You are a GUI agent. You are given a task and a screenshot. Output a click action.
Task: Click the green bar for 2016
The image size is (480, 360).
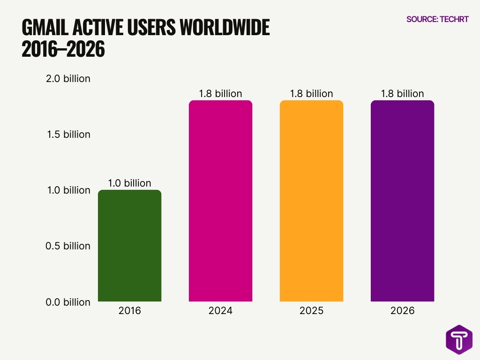tap(129, 246)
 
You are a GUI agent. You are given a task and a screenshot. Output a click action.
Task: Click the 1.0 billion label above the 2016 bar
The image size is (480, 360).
tap(129, 183)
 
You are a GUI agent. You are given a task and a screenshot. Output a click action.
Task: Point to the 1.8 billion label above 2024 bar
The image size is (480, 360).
tap(220, 94)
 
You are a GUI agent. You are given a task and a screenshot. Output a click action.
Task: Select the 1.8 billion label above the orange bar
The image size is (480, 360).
tap(311, 94)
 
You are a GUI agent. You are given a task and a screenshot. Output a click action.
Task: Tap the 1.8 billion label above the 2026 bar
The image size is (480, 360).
tap(402, 94)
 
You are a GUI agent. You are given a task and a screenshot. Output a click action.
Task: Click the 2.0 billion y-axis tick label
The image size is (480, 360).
tap(68, 79)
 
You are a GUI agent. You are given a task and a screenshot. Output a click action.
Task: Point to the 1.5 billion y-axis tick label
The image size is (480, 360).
tap(68, 135)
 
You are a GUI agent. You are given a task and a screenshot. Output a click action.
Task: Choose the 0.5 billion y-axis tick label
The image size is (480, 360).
tap(68, 246)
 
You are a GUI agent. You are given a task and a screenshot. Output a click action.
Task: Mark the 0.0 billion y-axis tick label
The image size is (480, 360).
tap(68, 302)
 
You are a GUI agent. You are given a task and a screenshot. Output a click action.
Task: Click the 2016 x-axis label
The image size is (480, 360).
tap(129, 311)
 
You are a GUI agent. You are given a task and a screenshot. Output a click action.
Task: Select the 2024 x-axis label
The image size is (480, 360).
tap(220, 311)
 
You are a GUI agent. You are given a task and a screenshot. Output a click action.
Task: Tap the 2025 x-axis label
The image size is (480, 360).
tap(311, 311)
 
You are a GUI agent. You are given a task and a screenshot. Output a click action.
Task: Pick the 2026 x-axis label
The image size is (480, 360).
tap(402, 311)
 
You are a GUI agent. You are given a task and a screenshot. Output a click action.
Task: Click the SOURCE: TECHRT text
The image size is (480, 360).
tap(437, 19)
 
